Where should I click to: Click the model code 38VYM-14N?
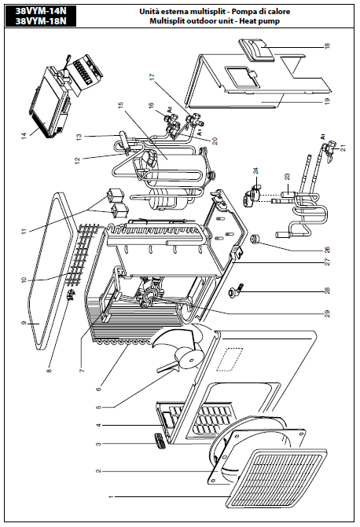coord(41,11)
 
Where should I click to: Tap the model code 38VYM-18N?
coord(41,21)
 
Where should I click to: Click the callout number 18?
coord(327,45)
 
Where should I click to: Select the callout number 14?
coord(24,137)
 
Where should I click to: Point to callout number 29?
coord(327,313)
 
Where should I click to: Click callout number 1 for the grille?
coord(112,496)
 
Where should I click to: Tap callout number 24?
coord(256,170)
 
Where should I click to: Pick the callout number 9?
coord(24,323)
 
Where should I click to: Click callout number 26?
coord(327,250)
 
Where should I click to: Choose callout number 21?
coord(343,148)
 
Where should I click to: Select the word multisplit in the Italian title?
coord(208,12)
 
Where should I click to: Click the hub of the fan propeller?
coord(189,360)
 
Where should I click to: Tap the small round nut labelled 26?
coord(254,239)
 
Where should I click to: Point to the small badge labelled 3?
coord(159,440)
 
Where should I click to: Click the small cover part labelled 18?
coord(257,51)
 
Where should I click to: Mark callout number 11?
coord(24,232)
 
